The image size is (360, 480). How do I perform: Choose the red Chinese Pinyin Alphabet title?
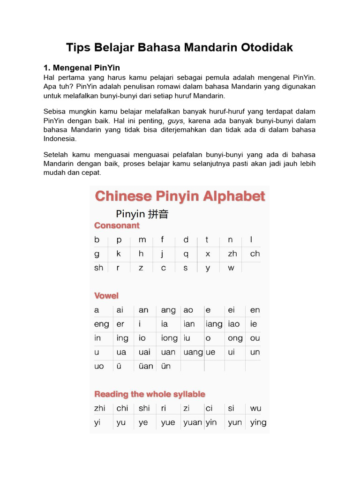coord(180,196)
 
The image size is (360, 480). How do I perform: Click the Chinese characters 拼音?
coord(157,214)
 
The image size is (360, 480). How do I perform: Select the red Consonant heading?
coord(117,225)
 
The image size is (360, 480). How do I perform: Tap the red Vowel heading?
coord(106,296)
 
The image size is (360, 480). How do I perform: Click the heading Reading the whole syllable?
coord(150,394)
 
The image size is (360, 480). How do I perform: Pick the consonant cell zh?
coord(232,254)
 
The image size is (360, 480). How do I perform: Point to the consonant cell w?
coord(231,268)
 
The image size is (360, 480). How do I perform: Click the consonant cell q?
coord(186,254)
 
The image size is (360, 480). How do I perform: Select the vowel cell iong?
coord(169,338)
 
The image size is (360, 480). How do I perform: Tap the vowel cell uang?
coord(193,352)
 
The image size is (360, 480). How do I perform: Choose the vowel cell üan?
coord(146,366)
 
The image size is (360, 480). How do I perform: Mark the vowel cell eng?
coord(101,324)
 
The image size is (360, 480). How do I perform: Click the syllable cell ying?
coord(258,422)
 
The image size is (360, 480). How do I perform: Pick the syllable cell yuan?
coord(193,422)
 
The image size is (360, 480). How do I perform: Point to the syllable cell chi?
coord(122,408)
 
